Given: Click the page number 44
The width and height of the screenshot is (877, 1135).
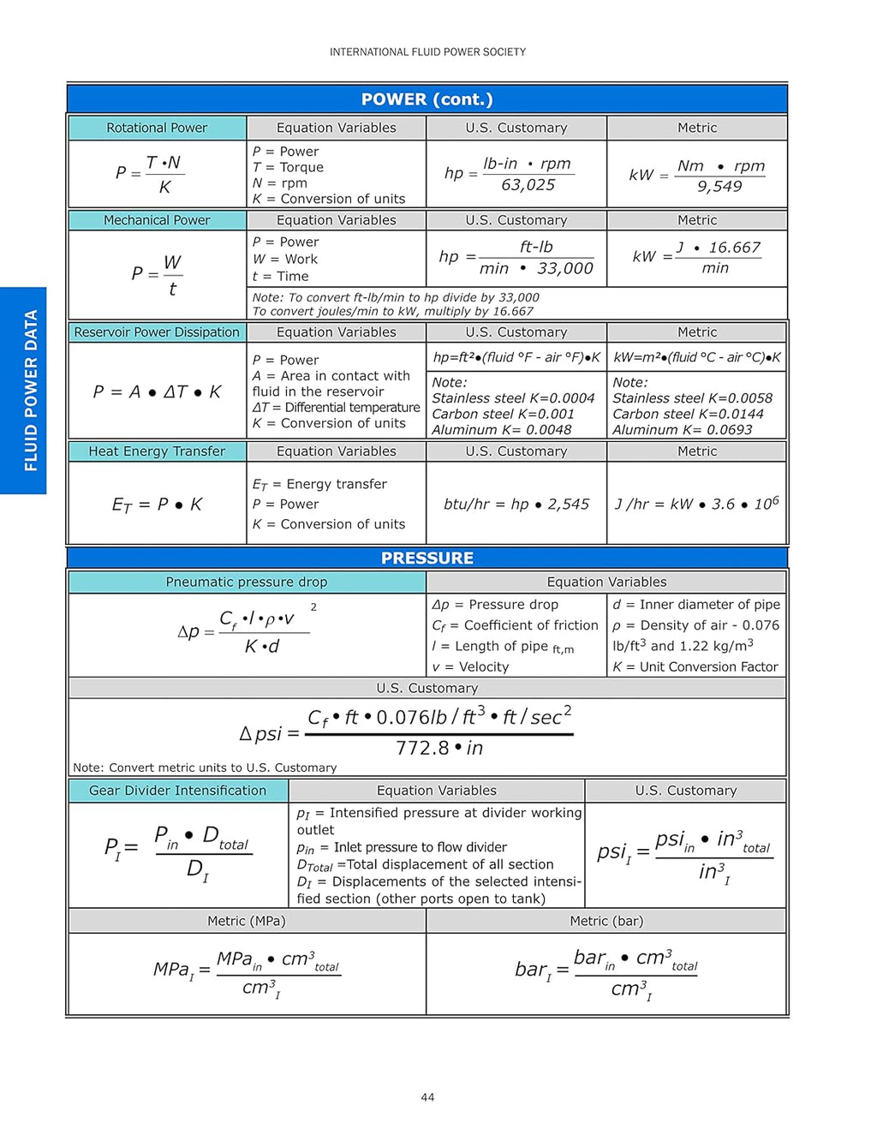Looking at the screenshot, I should [x=427, y=1097].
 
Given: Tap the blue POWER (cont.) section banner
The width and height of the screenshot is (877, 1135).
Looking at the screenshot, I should [x=427, y=99].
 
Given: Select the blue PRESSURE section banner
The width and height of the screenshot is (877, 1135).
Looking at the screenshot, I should [x=427, y=558].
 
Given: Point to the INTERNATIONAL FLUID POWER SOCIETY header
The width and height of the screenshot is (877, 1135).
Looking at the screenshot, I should [x=427, y=52].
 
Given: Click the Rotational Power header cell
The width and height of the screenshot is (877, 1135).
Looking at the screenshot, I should [x=157, y=128].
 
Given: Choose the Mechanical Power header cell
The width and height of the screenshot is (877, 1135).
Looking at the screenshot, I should [x=157, y=220].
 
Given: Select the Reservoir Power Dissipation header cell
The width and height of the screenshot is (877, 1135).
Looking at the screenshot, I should [x=157, y=332].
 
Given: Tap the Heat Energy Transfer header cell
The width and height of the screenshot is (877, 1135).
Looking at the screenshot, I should [x=157, y=451].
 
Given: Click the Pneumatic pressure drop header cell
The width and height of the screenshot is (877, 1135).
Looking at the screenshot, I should [x=247, y=582].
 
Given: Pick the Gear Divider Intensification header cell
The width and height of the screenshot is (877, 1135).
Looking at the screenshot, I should [x=177, y=791].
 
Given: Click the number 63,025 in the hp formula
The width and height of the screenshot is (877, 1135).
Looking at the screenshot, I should [x=528, y=185].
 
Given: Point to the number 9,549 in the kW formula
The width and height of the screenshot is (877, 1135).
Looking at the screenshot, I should [x=719, y=187].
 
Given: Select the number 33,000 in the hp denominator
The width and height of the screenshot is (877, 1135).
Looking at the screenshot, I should [x=565, y=269].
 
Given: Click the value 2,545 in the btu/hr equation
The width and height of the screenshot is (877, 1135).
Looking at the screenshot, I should [x=569, y=505].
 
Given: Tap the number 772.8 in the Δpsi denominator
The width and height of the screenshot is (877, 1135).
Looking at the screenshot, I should [x=422, y=748].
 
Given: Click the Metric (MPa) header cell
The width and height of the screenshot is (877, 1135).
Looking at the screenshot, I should [x=247, y=921].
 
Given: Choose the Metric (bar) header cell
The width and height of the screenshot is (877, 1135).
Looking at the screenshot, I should [x=606, y=921].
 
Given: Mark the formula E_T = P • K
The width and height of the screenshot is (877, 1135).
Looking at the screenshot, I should [x=157, y=505].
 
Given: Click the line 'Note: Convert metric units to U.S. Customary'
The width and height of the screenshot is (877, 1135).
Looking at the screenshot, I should [x=205, y=768].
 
